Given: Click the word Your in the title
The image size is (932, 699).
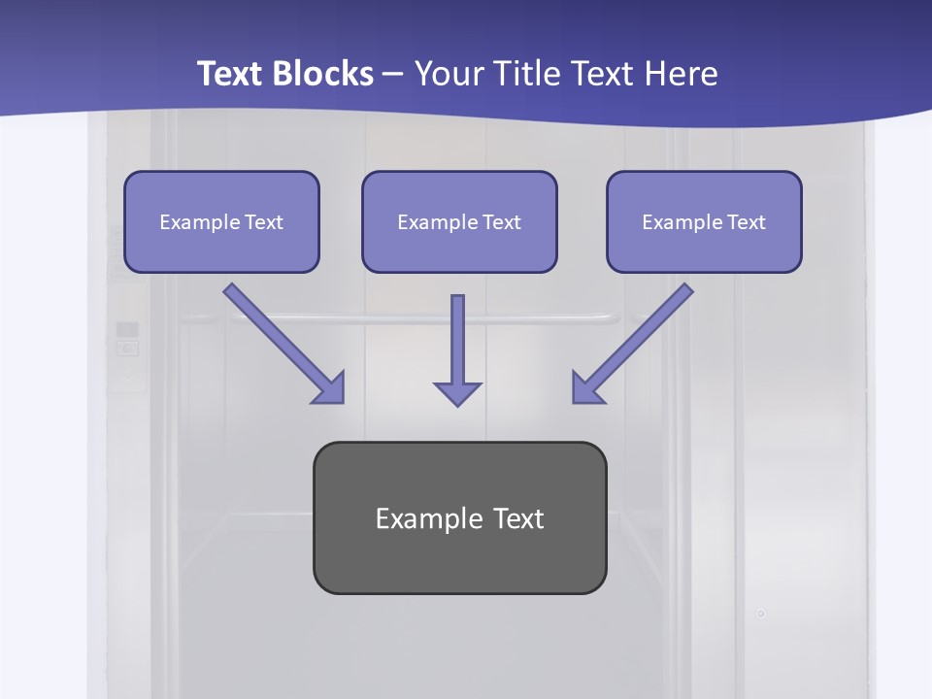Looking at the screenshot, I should [x=446, y=74].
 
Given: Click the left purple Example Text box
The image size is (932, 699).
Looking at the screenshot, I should [x=221, y=222].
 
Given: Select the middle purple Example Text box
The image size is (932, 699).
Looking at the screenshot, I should [x=459, y=222].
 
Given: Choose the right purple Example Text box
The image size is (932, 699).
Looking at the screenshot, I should [x=704, y=222].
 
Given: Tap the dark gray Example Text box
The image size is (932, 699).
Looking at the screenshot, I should [x=459, y=518].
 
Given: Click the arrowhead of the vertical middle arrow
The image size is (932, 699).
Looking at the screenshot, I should [x=457, y=392].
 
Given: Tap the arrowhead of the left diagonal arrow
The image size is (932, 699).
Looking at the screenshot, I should [x=330, y=388].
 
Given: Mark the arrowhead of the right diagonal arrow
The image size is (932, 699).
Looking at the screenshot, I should [x=586, y=388].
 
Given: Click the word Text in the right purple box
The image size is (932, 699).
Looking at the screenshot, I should [x=746, y=222].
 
